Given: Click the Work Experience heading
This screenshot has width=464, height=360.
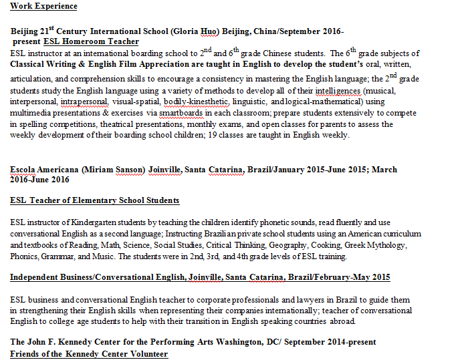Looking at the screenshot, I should (x=43, y=6).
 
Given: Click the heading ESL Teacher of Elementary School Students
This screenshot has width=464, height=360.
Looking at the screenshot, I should (x=95, y=200).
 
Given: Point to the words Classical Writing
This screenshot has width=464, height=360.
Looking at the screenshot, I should (x=44, y=64).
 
